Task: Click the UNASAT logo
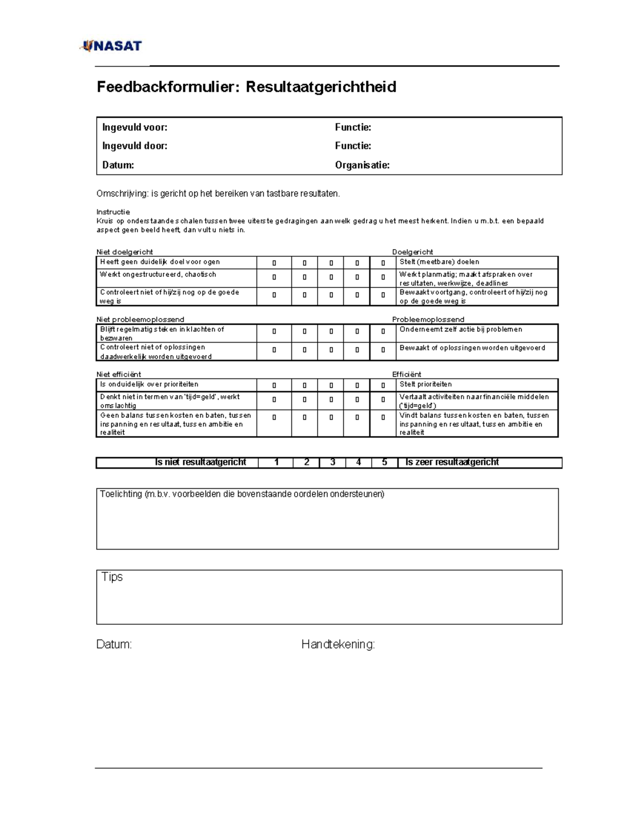111,46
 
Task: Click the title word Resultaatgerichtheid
321,87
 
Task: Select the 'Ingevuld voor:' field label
135,127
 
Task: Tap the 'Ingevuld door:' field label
135,146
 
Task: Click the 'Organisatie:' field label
362,165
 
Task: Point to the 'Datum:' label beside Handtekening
114,644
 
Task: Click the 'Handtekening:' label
338,644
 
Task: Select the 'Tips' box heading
112,577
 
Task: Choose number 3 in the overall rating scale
332,462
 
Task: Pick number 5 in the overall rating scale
384,462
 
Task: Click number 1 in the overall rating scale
276,462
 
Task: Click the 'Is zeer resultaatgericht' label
452,462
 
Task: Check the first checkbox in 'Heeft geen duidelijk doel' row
274,263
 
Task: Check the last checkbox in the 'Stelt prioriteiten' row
383,386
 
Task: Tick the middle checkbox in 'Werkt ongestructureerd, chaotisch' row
331,277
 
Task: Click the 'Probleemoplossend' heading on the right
428,319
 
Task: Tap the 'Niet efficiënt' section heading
119,374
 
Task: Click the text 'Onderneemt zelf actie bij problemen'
460,329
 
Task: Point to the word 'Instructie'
113,212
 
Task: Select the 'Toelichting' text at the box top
121,494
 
